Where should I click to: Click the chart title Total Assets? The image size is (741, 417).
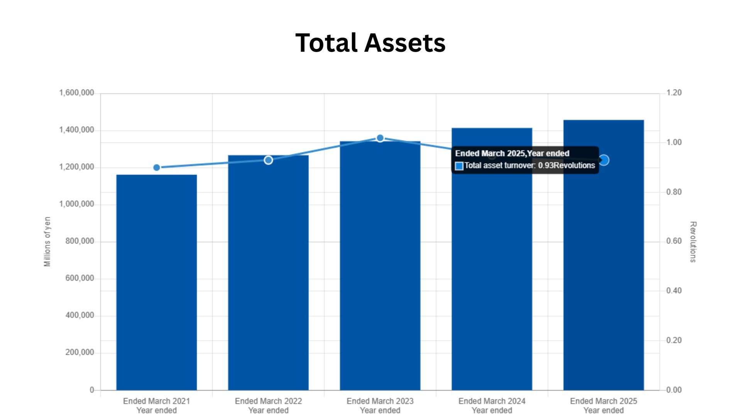point(370,42)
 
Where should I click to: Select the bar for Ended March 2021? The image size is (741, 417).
point(156,282)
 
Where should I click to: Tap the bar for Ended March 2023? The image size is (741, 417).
point(380,266)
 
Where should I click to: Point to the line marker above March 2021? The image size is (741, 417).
point(156,168)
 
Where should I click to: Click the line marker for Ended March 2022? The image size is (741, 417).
point(268,160)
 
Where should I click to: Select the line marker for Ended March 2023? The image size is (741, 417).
point(380,138)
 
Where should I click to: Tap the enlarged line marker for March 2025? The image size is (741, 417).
point(604,160)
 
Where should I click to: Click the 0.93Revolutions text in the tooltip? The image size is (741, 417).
point(566,166)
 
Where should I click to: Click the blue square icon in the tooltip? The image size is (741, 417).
point(459,166)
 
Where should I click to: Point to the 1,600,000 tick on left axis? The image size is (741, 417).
point(76,93)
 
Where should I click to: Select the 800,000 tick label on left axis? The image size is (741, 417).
point(80,241)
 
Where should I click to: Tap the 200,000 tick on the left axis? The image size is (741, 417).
point(80,353)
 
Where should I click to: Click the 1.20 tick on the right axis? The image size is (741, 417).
point(674,93)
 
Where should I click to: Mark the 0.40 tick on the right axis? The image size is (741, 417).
point(674,291)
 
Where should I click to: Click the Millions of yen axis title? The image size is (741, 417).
point(47,242)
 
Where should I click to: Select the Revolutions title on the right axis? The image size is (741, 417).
point(693,242)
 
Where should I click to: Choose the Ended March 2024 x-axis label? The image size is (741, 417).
point(492,402)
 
